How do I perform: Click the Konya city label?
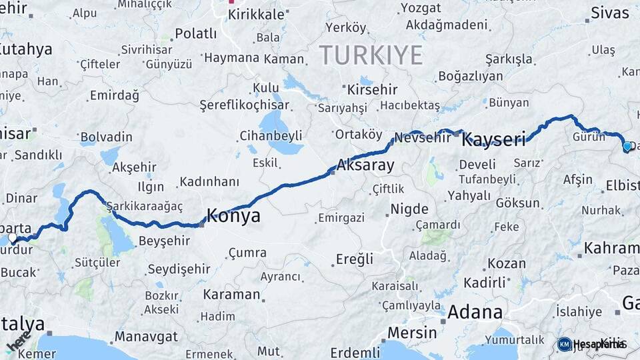233,216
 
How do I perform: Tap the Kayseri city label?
493,139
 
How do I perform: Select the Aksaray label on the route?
366,165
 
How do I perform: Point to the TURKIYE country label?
371,55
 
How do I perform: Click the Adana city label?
475,311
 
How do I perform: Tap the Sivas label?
609,13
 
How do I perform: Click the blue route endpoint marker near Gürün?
627,146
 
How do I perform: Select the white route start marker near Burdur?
12,237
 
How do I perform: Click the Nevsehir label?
423,138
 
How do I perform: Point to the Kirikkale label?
256,14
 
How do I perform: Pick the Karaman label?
231,294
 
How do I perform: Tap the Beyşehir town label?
164,241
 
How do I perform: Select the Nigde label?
409,209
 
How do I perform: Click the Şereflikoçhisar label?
245,105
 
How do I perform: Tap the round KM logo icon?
564,344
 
